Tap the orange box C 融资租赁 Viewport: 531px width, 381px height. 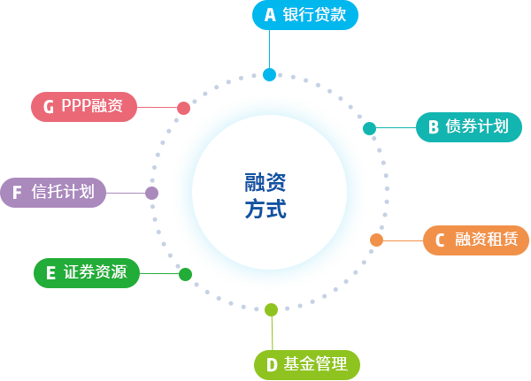coord(475,240)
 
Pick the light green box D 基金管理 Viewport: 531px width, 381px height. coord(307,364)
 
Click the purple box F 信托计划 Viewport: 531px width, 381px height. coord(53,191)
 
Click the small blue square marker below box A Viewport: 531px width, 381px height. coord(270,74)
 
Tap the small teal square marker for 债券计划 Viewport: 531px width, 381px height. coord(370,128)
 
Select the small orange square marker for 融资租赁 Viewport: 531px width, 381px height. coord(376,240)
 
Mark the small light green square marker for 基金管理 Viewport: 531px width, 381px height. coord(271,309)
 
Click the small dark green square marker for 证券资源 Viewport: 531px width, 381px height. coord(185,274)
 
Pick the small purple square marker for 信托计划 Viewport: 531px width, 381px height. coord(151,193)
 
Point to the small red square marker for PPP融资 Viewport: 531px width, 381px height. coord(183,108)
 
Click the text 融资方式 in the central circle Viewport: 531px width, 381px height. coord(265,196)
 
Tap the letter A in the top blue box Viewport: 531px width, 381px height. coord(270,15)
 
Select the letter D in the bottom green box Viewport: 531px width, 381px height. coord(270,364)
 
